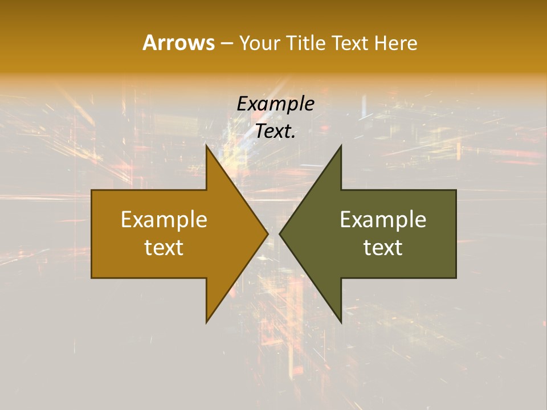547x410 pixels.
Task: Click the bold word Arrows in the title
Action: (x=178, y=43)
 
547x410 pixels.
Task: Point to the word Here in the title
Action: (x=396, y=43)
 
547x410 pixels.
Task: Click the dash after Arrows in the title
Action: (x=226, y=43)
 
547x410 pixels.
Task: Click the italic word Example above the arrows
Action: (x=275, y=104)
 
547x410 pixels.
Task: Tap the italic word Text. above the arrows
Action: (x=275, y=132)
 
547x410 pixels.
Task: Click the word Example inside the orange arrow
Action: (x=164, y=219)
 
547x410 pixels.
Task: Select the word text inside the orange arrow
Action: (x=164, y=248)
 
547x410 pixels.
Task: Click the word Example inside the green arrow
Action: (x=383, y=219)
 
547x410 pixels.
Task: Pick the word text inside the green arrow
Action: (x=383, y=248)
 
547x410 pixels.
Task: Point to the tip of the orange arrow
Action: (x=267, y=233)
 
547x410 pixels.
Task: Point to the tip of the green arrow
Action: (x=280, y=233)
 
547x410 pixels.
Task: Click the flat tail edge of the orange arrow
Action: (x=92, y=233)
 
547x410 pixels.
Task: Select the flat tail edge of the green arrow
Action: (x=456, y=233)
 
